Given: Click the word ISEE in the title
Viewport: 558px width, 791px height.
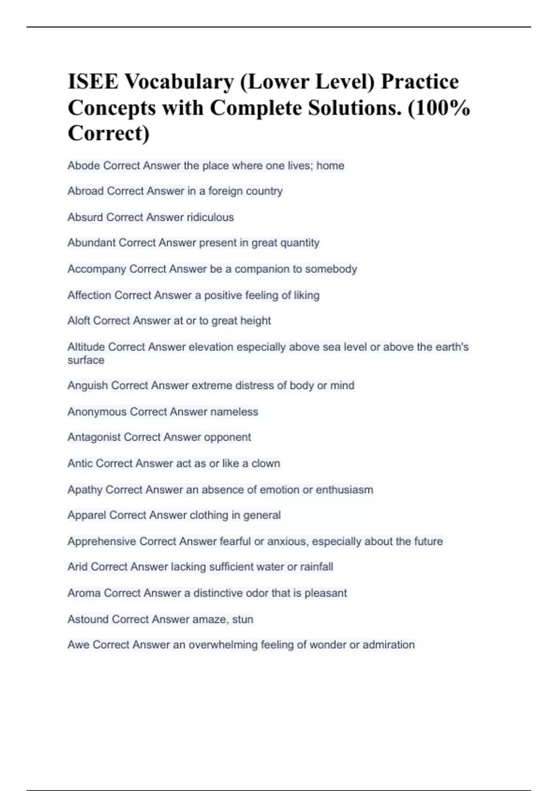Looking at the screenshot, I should tap(93, 82).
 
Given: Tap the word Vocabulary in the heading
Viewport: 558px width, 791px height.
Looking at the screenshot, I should tap(179, 82).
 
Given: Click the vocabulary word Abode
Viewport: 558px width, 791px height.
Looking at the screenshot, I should tap(84, 166).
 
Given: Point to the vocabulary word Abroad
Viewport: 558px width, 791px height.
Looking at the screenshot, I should tap(86, 191).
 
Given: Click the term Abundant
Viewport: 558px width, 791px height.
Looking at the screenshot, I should tap(92, 243).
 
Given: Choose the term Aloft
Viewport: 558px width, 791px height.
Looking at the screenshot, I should tap(79, 321).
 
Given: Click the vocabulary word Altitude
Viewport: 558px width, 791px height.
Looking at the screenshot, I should tap(86, 347).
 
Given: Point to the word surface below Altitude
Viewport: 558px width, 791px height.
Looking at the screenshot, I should tap(86, 360).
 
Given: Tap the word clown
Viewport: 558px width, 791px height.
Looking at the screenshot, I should tap(266, 463).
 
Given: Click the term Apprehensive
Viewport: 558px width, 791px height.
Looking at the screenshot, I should tap(102, 541).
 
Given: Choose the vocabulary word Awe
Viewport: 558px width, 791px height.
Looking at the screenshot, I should tap(78, 645).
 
